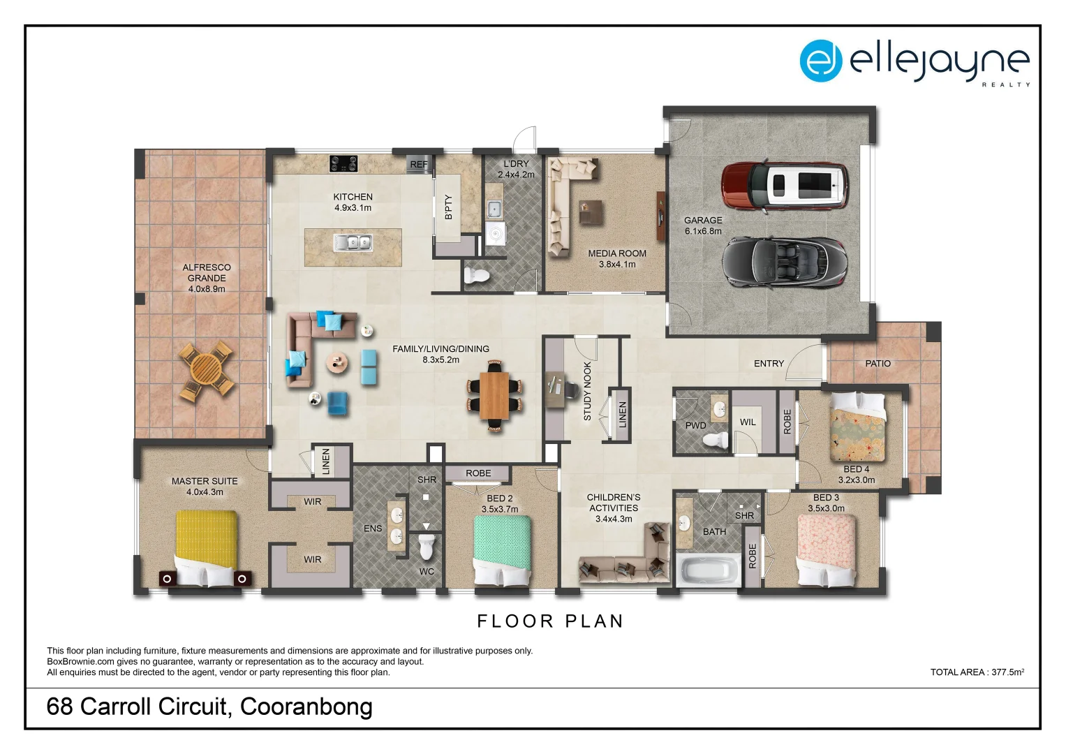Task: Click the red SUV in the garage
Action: point(785,186)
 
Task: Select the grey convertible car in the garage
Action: point(785,263)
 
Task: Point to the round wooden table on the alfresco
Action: point(206,370)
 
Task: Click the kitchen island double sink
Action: point(353,243)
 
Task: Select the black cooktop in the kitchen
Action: point(343,163)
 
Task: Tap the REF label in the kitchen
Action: point(419,165)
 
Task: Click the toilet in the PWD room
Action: point(716,440)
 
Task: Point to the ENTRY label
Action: point(769,364)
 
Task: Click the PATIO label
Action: point(878,364)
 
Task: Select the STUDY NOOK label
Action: point(587,391)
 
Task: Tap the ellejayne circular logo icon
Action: point(820,61)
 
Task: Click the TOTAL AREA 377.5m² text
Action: point(977,672)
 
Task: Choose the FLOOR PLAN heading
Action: point(550,621)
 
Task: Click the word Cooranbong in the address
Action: point(306,707)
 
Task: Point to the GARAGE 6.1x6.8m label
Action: point(703,226)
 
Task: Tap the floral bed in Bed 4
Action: point(857,428)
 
